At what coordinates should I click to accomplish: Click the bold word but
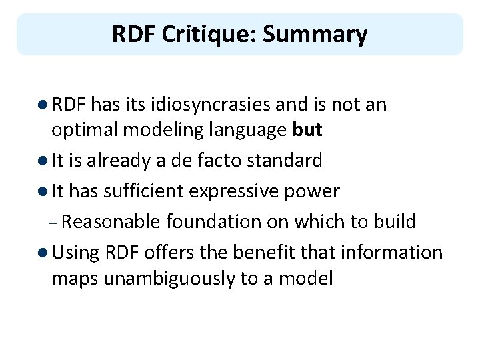point(307,130)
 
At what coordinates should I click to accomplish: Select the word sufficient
point(144,192)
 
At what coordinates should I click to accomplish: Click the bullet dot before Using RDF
point(43,253)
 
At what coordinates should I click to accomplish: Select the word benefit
point(303,253)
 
